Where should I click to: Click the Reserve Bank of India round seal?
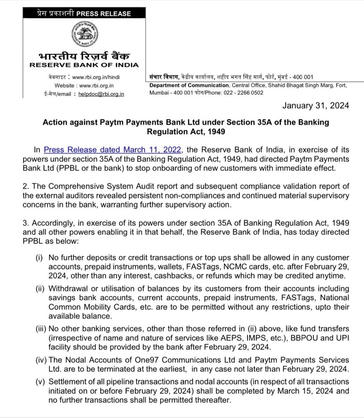coord(84,34)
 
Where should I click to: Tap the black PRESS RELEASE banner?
coord(84,13)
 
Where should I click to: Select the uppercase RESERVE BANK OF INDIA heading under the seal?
coord(84,65)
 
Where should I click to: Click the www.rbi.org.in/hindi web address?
coord(96,77)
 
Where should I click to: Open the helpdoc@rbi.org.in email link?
coord(101,94)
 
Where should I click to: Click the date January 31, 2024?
coord(315,106)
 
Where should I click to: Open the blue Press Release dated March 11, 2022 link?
coord(112,150)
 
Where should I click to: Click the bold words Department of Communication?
coord(189,85)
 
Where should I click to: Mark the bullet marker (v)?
coord(40,382)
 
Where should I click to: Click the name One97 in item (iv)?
coord(147,360)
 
